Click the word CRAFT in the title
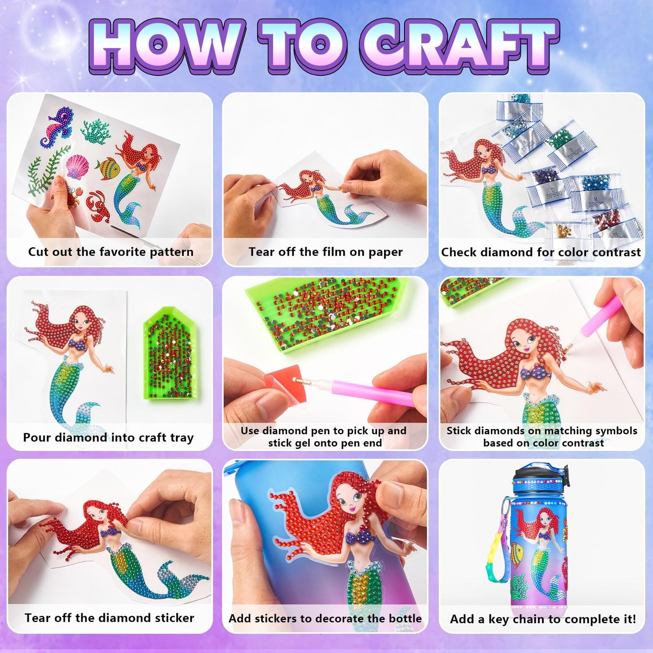(x=459, y=46)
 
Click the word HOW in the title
(x=168, y=46)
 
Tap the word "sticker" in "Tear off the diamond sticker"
(x=174, y=618)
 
